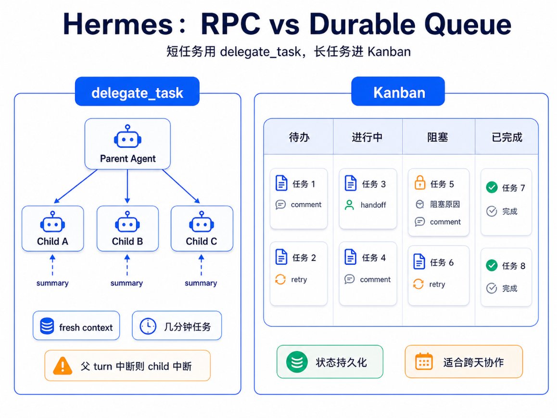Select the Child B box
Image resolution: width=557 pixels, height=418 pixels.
pos(127,228)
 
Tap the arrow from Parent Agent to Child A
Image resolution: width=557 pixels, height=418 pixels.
pos(76,186)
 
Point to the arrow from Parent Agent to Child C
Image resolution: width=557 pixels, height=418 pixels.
pos(181,186)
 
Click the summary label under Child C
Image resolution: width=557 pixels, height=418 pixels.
pos(201,283)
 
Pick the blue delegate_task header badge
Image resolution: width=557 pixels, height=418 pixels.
pos(137,91)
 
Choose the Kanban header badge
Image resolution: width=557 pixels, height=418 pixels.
pos(398,91)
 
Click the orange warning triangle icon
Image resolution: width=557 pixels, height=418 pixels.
pos(63,366)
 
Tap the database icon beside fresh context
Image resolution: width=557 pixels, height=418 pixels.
pos(47,326)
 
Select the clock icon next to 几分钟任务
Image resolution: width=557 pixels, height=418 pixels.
pos(148,326)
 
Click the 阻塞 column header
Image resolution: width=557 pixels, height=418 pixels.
pos(438,137)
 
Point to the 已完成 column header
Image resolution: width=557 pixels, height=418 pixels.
pos(507,137)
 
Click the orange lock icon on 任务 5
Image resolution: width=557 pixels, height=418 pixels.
pos(420,183)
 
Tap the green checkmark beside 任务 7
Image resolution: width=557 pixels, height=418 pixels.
pos(492,187)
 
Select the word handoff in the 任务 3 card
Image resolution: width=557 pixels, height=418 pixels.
pos(373,205)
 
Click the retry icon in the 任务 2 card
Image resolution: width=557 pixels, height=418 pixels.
pos(280,279)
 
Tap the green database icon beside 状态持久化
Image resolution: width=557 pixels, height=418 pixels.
pos(297,362)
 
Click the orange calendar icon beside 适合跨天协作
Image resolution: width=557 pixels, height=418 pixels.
pos(424,362)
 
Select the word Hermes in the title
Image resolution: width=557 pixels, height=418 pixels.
pos(117,24)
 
